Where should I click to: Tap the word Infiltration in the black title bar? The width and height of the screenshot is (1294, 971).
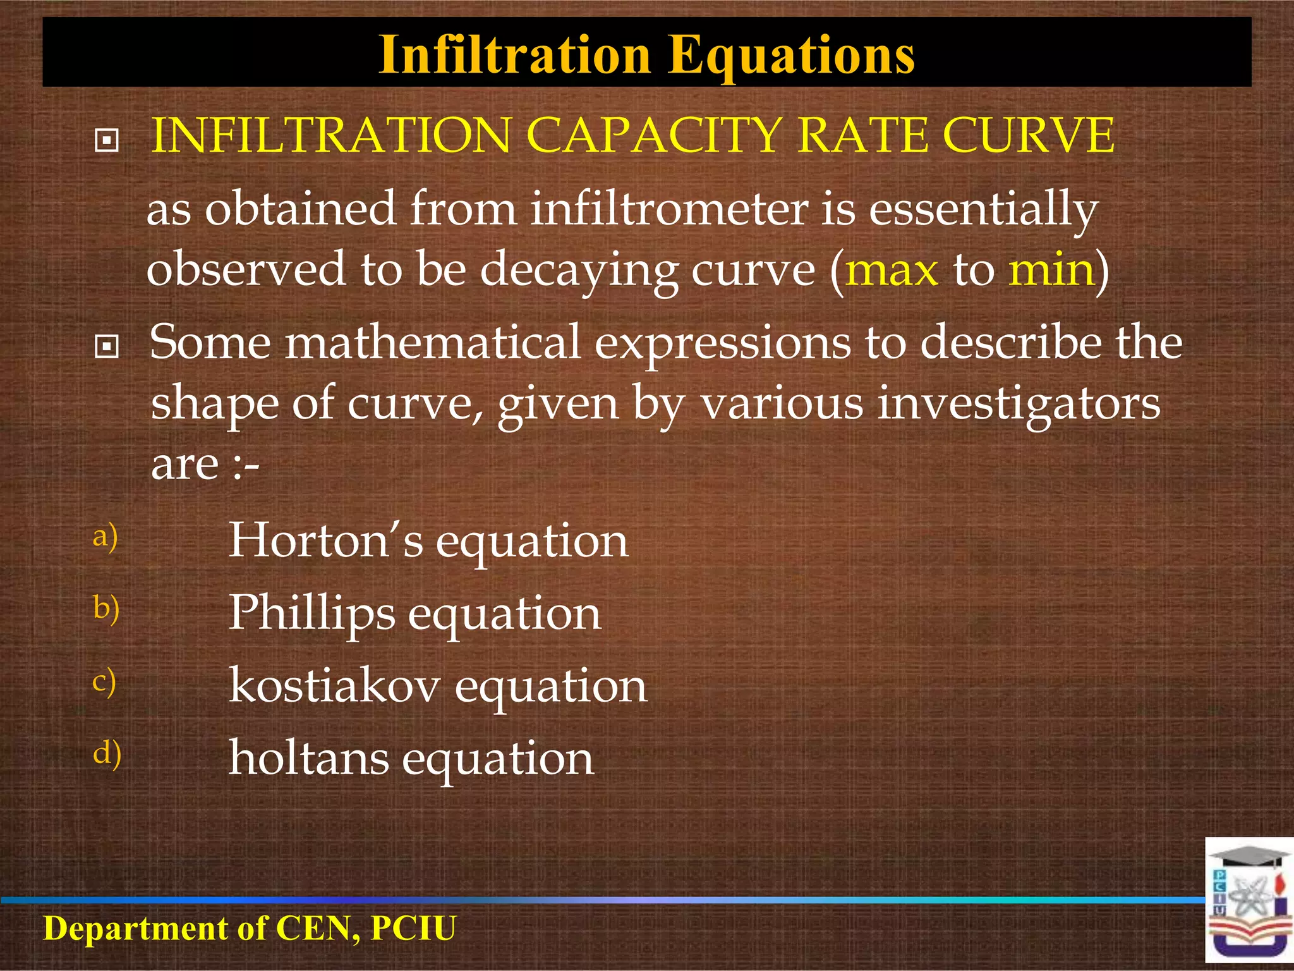coord(515,54)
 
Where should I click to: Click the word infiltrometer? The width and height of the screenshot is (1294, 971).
coord(669,209)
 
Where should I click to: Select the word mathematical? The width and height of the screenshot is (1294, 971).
coord(432,343)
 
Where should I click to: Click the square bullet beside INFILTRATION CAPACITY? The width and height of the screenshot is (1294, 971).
coord(106,140)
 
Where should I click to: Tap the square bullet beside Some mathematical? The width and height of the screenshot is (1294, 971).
coord(106,346)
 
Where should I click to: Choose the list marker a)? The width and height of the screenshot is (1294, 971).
coord(105,537)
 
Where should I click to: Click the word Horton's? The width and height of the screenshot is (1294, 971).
coord(325,540)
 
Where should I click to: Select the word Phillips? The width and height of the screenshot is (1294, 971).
coord(311,614)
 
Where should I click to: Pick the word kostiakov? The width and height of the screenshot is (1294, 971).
coord(334,686)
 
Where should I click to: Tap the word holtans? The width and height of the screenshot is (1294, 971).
coord(308,758)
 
